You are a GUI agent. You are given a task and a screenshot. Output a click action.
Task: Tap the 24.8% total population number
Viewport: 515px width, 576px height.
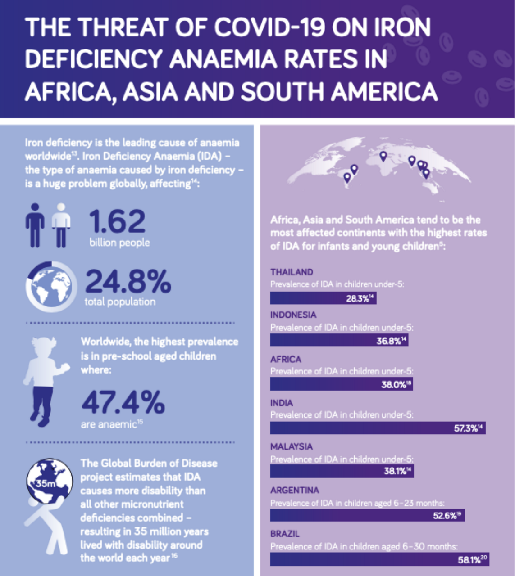point(128,282)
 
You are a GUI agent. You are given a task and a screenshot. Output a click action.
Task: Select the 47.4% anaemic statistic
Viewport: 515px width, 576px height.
point(123,402)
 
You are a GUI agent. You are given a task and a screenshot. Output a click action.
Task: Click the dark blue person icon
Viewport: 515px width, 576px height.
point(35,225)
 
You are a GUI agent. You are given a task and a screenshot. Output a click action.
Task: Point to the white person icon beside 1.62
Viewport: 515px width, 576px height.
point(61,225)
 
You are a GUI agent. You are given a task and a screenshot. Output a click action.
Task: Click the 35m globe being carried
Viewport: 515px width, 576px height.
point(49,480)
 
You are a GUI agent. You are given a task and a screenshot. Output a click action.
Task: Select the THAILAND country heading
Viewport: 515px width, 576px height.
point(292,272)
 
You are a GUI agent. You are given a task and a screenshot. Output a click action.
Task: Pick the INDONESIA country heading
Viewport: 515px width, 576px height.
point(293,315)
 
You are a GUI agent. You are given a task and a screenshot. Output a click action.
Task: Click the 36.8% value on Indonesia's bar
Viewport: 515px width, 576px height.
point(389,341)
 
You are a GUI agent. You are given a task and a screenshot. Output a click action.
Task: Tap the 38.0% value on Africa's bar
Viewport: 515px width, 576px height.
point(393,385)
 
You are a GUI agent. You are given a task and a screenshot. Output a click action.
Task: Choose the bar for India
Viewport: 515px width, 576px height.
point(378,428)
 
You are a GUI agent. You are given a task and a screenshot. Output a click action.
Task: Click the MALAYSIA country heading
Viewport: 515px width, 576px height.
point(292,446)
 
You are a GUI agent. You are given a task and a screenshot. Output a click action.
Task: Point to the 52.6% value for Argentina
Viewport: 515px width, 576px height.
point(445,516)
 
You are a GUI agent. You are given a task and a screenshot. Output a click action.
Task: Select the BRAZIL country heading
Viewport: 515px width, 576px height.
point(285,534)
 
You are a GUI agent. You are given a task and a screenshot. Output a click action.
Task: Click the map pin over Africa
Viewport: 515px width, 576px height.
point(383,156)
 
